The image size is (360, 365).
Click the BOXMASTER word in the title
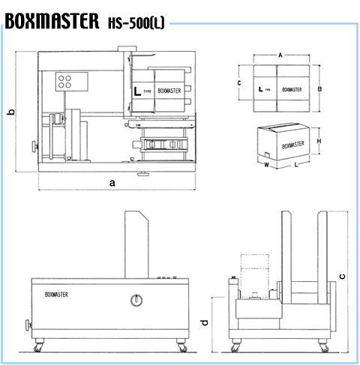tap(52, 21)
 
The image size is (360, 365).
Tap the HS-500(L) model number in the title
tap(136, 23)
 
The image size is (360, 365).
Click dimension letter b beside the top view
tap(10, 112)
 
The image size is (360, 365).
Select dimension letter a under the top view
tap(112, 183)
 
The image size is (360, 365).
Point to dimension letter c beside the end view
tap(342, 277)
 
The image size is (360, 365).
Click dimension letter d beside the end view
tap(205, 322)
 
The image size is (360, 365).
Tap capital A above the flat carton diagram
tap(280, 55)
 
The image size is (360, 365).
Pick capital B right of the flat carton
tap(319, 89)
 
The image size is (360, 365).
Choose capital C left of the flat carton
tap(239, 83)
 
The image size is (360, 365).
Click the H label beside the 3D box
tap(319, 141)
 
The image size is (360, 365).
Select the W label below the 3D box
tap(266, 165)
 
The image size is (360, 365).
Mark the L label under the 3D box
tap(296, 165)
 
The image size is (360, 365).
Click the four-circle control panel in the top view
tap(71, 82)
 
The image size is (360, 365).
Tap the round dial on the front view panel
tap(136, 300)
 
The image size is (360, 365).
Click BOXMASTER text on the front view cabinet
tap(56, 295)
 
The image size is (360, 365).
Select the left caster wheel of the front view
tap(38, 347)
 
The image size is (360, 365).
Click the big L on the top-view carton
tap(137, 91)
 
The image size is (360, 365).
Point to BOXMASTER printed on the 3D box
tap(293, 145)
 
